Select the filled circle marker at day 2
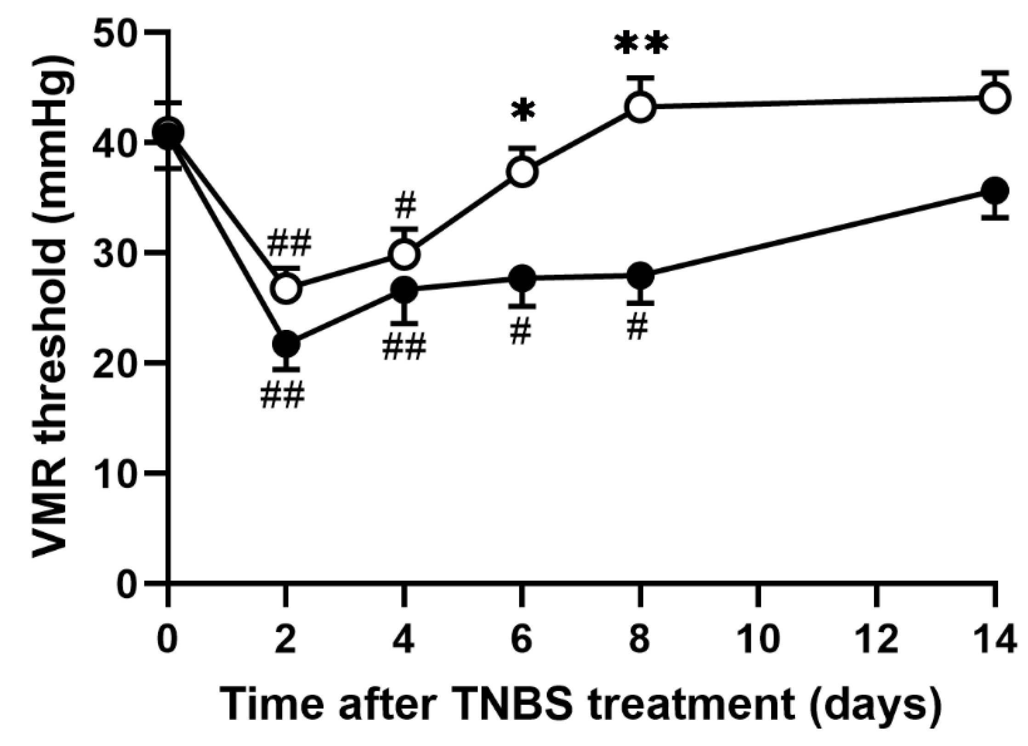click(286, 344)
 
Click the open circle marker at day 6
click(523, 171)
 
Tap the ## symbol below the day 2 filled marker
click(282, 397)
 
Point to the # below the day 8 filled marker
click(638, 328)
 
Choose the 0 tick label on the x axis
click(167, 639)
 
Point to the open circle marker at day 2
click(286, 288)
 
